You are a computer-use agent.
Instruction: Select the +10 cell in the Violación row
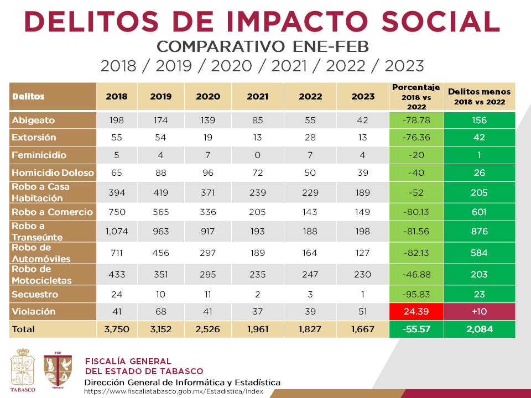[x=479, y=311]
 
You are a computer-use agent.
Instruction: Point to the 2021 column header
[x=257, y=96]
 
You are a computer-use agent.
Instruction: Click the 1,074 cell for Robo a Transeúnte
[x=116, y=231]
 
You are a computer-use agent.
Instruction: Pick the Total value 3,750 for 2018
[x=116, y=329]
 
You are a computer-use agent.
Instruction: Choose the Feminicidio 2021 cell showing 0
[x=257, y=155]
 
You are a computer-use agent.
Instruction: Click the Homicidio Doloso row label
[x=53, y=172]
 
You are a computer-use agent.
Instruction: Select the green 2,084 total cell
[x=479, y=329]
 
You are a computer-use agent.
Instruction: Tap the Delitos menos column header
[x=479, y=96]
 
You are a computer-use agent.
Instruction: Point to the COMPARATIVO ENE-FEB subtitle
[x=262, y=46]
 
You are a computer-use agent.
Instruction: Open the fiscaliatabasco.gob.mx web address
[x=173, y=392]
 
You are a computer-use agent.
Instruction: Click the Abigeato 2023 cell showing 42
[x=362, y=120]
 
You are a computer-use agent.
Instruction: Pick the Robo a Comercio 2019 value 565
[x=160, y=212]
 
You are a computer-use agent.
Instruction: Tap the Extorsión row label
[x=34, y=137]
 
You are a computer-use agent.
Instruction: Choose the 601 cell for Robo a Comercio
[x=479, y=212]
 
